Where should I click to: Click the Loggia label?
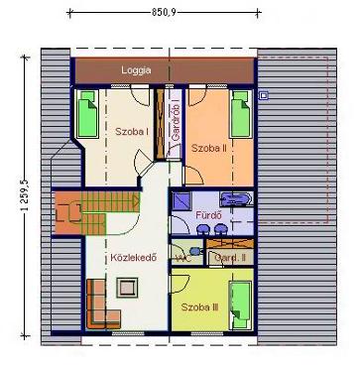(x=136, y=70)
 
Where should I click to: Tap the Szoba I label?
(x=132, y=131)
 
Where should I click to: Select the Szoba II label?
(x=209, y=148)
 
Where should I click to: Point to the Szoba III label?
(x=199, y=307)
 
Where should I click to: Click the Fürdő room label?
(x=208, y=215)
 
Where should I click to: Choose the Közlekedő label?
(x=134, y=257)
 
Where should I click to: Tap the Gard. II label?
(x=230, y=258)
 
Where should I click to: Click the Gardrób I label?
(x=176, y=122)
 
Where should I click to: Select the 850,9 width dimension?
(x=165, y=13)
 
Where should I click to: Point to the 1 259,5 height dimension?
(x=24, y=197)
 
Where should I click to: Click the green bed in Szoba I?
(x=87, y=114)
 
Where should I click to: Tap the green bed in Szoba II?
(x=241, y=114)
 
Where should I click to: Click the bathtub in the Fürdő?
(x=236, y=199)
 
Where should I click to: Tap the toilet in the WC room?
(x=196, y=251)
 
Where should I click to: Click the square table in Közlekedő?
(x=127, y=288)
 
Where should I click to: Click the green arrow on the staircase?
(x=136, y=199)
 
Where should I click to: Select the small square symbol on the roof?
(x=264, y=96)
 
